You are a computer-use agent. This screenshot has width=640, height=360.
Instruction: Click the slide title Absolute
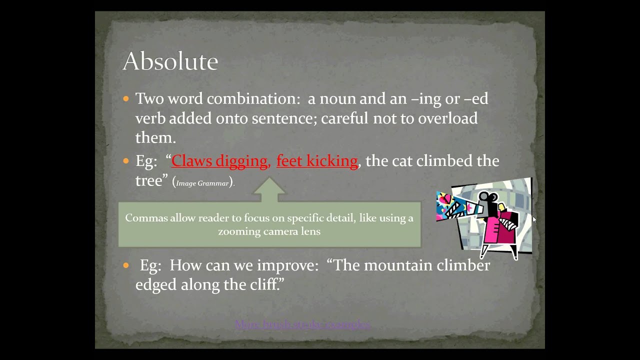click(x=170, y=61)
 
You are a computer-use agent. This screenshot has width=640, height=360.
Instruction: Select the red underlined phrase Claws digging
click(x=219, y=161)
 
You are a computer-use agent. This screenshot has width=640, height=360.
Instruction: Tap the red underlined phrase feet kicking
click(x=317, y=161)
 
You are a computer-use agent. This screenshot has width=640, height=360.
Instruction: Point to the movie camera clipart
click(x=484, y=218)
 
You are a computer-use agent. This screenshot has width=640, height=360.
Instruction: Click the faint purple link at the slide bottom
click(x=302, y=324)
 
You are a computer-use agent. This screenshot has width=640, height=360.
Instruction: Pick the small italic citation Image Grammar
click(x=202, y=183)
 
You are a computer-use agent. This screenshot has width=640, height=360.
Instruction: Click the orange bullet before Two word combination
click(x=126, y=98)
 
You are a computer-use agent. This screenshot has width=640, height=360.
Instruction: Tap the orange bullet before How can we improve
click(x=126, y=265)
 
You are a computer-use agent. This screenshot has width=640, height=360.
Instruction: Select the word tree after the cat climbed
click(x=148, y=180)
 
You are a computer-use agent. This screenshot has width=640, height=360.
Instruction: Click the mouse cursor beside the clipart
click(x=534, y=218)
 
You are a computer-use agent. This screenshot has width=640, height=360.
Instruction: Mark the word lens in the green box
click(x=311, y=231)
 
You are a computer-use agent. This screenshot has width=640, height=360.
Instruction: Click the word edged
click(x=155, y=285)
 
